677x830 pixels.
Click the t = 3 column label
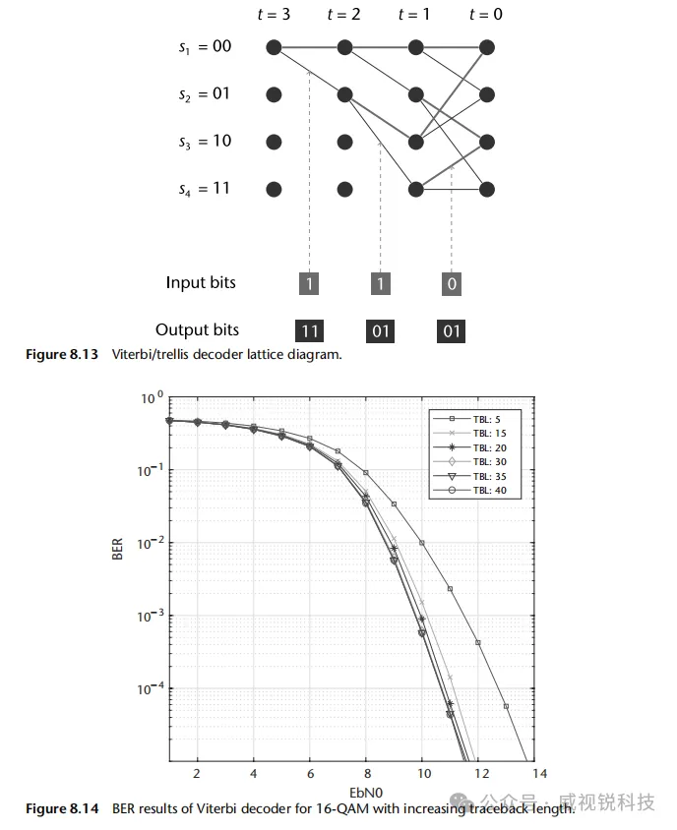(274, 15)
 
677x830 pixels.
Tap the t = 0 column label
(486, 15)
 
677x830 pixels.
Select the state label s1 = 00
(205, 47)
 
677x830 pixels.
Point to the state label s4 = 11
(205, 189)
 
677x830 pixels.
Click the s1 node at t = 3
(274, 47)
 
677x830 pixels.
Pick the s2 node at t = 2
(344, 94)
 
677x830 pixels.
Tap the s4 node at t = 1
(415, 189)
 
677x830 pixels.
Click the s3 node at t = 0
(486, 142)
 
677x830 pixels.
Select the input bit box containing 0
(452, 284)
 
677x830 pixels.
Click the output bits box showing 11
(310, 330)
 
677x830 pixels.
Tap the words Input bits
(201, 283)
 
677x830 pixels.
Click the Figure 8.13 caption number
(62, 355)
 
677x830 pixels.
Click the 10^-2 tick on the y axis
(148, 543)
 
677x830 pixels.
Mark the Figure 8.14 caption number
(62, 809)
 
